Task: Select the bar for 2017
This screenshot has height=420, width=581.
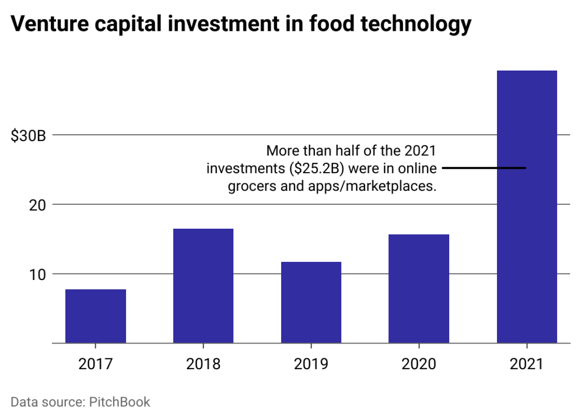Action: click(96, 316)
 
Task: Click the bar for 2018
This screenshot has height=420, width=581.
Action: click(204, 286)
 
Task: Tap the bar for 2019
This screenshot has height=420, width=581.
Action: click(311, 302)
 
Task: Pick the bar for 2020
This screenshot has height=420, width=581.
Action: click(419, 289)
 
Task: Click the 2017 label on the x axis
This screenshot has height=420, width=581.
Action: click(96, 364)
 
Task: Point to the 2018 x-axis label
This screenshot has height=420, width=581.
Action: click(204, 364)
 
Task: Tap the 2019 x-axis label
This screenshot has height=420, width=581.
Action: click(311, 364)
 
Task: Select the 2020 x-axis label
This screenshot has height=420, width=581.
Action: click(419, 364)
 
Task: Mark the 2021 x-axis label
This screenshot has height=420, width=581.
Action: click(527, 364)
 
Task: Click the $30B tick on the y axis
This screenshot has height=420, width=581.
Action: click(29, 136)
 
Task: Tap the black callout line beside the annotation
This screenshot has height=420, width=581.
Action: click(484, 168)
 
